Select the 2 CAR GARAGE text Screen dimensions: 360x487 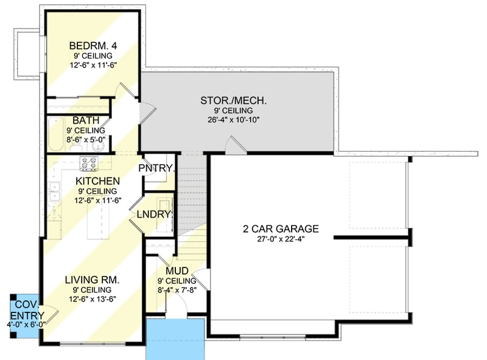[x=281, y=229]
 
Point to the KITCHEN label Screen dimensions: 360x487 [x=97, y=181]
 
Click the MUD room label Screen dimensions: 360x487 [x=177, y=271]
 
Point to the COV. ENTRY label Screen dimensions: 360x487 [x=27, y=309]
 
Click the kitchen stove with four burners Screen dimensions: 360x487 [x=89, y=163]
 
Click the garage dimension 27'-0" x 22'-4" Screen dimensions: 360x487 [x=281, y=239]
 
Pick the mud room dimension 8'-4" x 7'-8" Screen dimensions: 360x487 [x=177, y=291]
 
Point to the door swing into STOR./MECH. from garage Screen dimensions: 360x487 [x=234, y=144]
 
